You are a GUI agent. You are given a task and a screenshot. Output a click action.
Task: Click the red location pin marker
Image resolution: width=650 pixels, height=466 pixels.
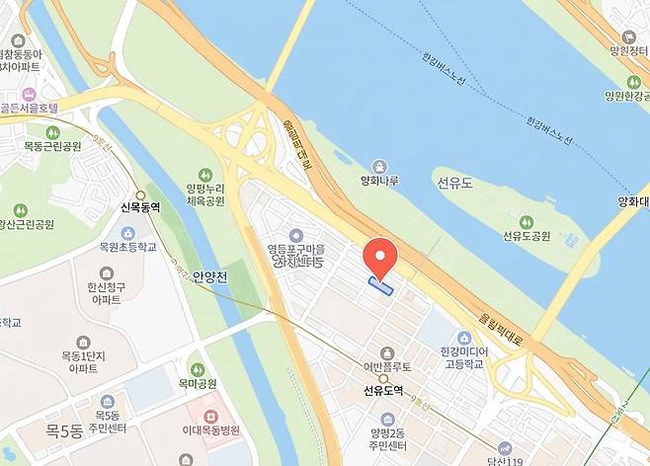[x=380, y=257]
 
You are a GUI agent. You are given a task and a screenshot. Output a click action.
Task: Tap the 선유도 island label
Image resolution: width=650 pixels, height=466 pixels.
[x=453, y=182]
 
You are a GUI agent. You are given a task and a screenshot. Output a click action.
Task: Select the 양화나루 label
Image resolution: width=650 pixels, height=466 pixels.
[x=379, y=182]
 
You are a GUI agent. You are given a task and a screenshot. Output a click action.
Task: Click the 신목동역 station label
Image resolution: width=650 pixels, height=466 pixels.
[x=140, y=207]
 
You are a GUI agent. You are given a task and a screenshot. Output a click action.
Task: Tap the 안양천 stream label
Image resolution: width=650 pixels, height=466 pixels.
[x=211, y=277]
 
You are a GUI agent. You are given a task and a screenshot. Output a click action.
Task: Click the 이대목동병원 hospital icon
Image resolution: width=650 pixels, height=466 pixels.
[x=208, y=411]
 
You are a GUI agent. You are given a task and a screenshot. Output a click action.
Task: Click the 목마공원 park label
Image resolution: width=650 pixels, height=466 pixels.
[x=197, y=383]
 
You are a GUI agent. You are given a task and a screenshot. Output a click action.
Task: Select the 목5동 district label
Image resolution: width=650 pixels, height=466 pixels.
[x=67, y=430]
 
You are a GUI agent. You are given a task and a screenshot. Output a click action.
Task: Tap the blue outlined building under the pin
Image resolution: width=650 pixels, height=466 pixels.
[x=380, y=286]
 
